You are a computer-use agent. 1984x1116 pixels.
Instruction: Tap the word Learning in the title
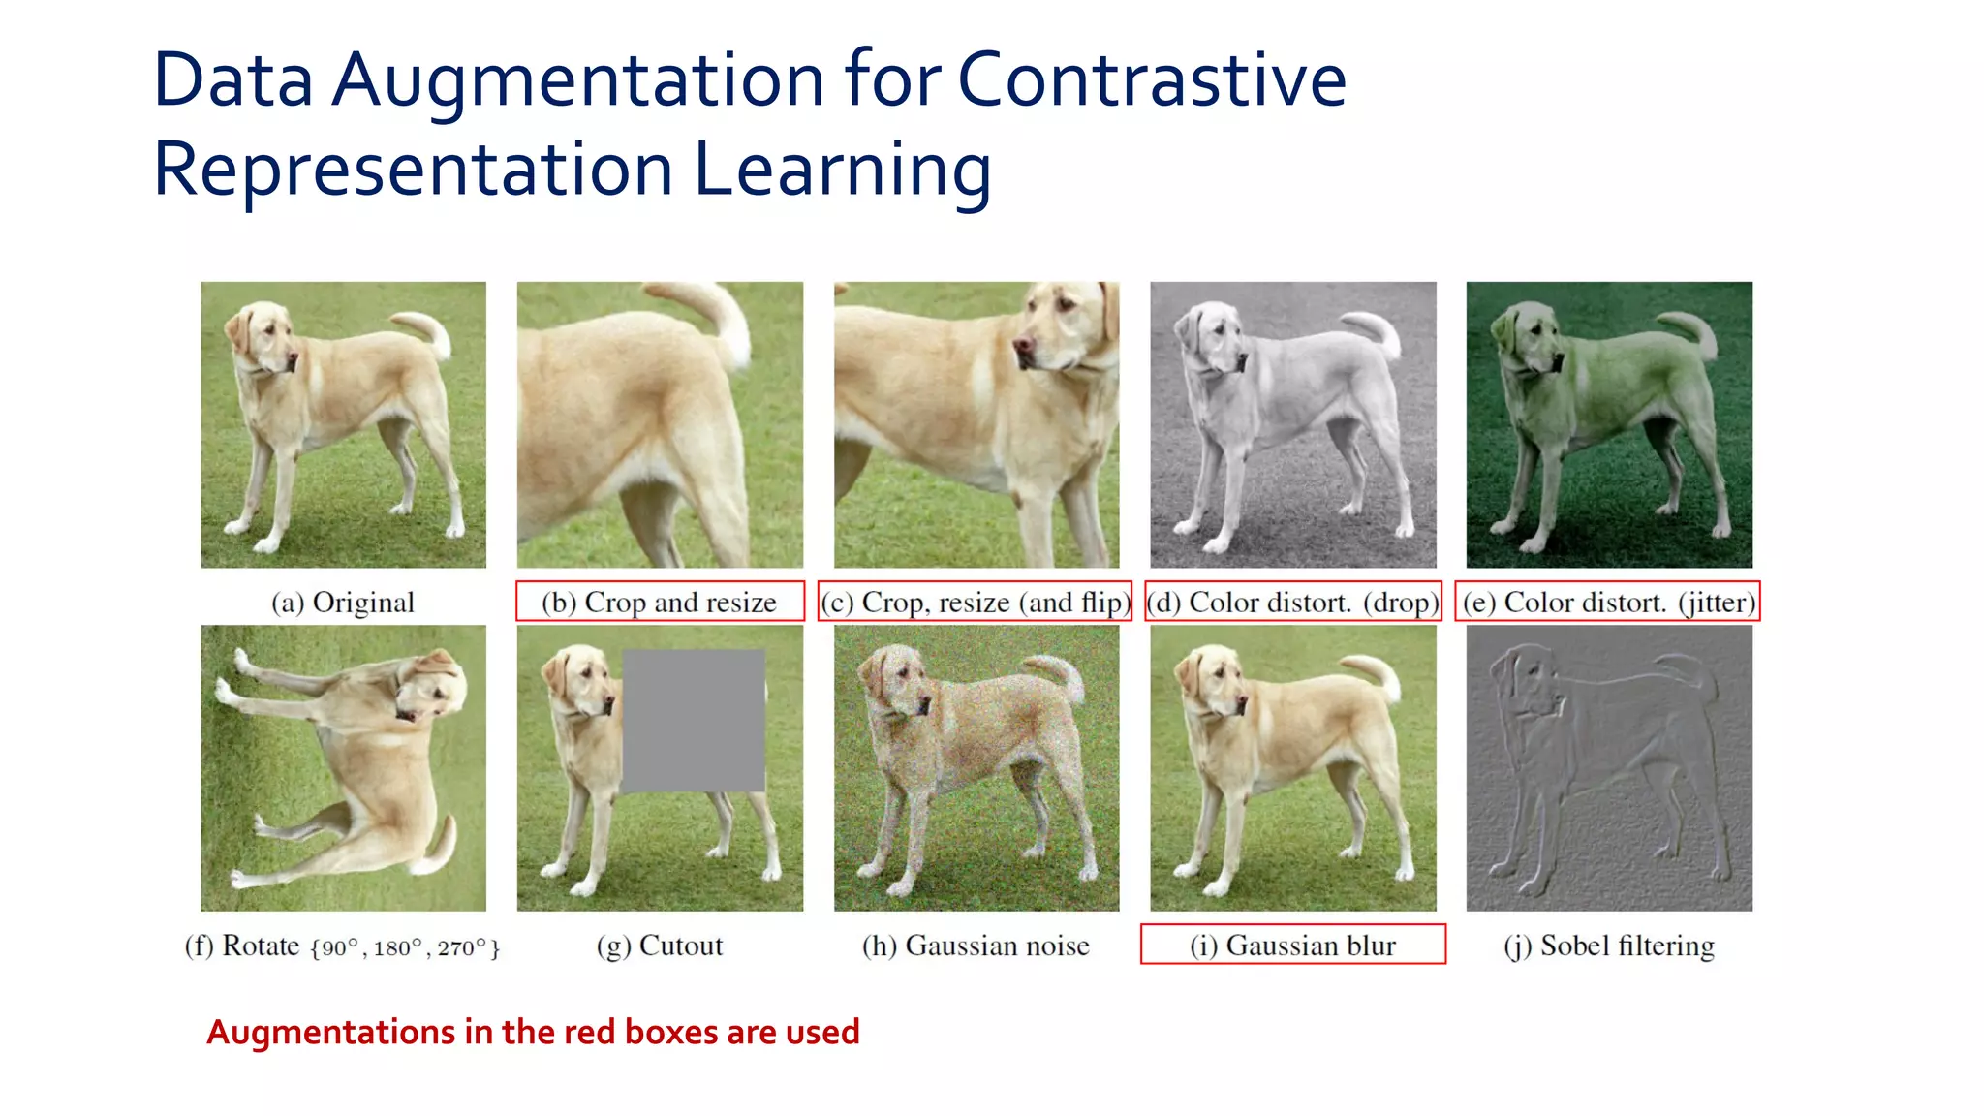click(842, 170)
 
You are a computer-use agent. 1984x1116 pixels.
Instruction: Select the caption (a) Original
click(343, 603)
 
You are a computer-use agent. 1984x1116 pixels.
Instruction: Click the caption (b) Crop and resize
click(659, 603)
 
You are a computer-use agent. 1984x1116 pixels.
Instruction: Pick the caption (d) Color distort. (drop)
click(1292, 603)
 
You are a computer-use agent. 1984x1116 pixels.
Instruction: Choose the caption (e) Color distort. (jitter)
click(1608, 603)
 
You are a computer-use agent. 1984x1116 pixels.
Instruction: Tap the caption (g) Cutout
click(659, 945)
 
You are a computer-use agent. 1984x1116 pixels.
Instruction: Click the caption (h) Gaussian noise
click(976, 945)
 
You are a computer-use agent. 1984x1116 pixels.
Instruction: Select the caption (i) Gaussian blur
click(1292, 945)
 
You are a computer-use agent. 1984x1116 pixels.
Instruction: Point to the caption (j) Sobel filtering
click(1608, 945)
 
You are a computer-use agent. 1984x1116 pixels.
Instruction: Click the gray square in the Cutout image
click(693, 721)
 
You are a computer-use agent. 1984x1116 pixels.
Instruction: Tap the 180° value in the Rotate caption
click(397, 948)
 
